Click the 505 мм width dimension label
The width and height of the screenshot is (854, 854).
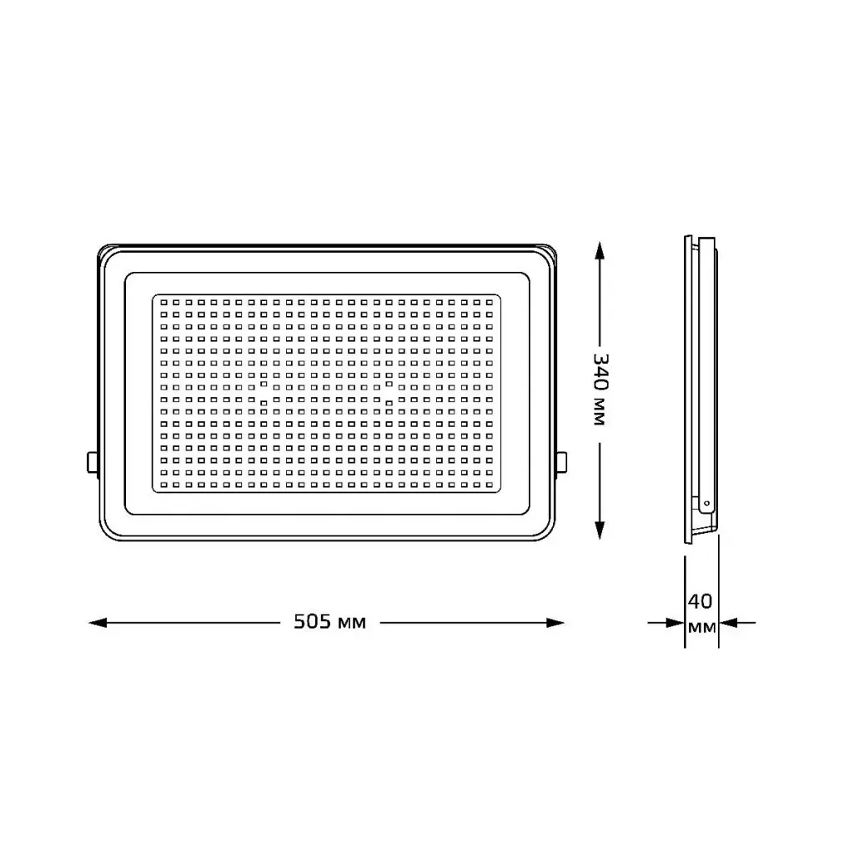click(329, 621)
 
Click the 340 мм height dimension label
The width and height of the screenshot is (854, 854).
click(600, 389)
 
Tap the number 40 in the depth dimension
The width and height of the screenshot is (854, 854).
click(700, 601)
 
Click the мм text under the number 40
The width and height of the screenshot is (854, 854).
click(701, 627)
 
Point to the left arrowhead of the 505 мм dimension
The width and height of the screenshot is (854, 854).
click(98, 622)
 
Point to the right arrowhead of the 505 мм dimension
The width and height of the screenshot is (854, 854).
click(555, 622)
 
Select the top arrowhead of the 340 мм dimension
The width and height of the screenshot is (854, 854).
click(600, 251)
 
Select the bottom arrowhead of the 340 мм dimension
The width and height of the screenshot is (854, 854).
click(600, 530)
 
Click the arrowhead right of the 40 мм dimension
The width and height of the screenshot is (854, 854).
click(728, 622)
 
